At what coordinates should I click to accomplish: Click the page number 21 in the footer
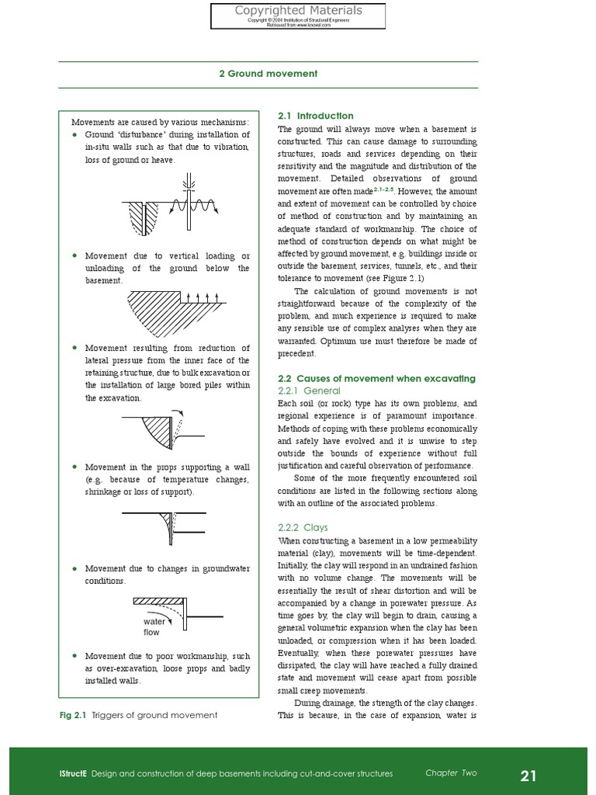[x=528, y=775]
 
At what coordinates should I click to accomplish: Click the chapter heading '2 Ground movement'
[x=268, y=74]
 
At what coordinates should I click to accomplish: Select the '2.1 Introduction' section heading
[x=315, y=116]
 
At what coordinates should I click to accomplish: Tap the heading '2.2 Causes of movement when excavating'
[x=376, y=378]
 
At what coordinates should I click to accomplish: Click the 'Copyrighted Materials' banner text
[x=299, y=11]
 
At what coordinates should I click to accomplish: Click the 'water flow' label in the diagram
[x=151, y=627]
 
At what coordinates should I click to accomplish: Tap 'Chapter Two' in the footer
[x=451, y=773]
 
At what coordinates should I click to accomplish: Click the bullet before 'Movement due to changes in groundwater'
[x=74, y=569]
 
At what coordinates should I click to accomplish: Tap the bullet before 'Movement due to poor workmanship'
[x=74, y=656]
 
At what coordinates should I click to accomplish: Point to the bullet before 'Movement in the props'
[x=74, y=467]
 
